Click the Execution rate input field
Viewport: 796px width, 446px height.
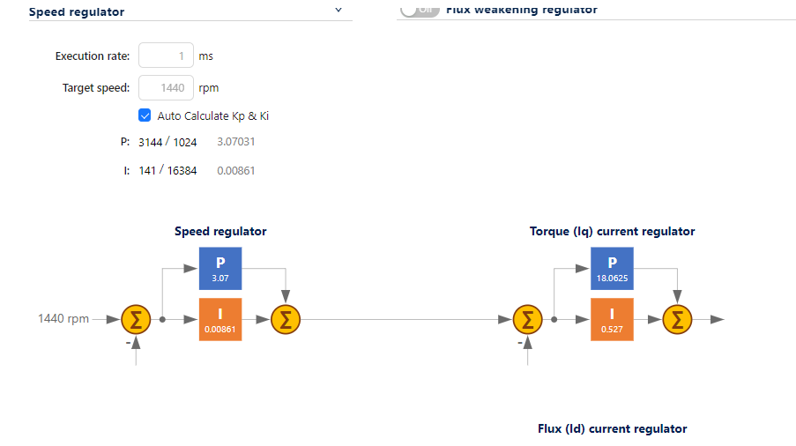(x=166, y=56)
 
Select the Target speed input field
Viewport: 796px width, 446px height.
(x=166, y=88)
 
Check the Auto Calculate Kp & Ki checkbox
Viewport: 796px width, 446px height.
(x=145, y=115)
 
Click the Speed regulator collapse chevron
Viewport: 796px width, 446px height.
(x=338, y=11)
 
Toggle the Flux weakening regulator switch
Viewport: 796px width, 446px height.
(x=419, y=10)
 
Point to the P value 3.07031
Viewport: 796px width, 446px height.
(x=236, y=141)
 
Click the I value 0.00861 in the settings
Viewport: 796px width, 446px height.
(x=236, y=170)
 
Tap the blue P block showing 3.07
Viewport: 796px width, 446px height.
(x=219, y=269)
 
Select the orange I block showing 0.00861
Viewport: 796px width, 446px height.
(x=219, y=319)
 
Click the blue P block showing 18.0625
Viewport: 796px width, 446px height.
(x=612, y=269)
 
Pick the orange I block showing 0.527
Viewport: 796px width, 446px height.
(x=612, y=319)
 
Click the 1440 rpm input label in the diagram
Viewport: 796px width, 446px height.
(x=63, y=319)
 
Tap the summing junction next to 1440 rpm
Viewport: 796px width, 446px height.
(x=136, y=319)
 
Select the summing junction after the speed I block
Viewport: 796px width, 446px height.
(x=285, y=319)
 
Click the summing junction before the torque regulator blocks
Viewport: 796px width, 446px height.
(x=527, y=319)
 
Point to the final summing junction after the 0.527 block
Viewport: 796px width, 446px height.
(x=677, y=319)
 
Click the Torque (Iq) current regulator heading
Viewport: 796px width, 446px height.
(x=612, y=232)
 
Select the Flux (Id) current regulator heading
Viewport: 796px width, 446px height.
(x=612, y=429)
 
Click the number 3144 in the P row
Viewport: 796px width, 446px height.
(x=150, y=141)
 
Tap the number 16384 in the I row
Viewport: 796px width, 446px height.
(x=182, y=170)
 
